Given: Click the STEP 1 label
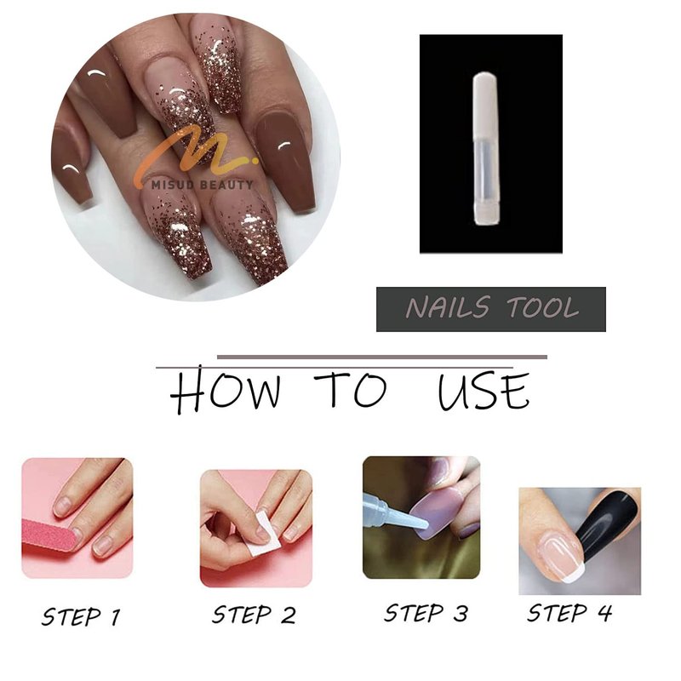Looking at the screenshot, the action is tap(81, 616).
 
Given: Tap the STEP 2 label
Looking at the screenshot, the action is tap(254, 615).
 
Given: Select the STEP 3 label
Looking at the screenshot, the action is tap(426, 613).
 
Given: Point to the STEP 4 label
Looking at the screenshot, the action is tap(569, 613).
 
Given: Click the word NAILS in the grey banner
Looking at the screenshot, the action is tap(448, 307).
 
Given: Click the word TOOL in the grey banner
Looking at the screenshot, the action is tap(543, 307).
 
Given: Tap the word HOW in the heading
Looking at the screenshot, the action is tap(225, 390).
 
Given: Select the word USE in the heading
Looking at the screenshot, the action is tap(484, 390).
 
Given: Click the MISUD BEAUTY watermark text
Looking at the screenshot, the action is tap(203, 185).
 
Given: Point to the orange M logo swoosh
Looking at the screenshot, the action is tap(196, 152).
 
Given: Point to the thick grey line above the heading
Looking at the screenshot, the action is tap(382, 358).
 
